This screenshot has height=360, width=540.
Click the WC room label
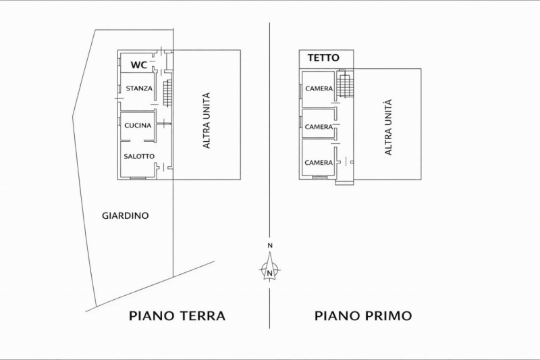click(139, 65)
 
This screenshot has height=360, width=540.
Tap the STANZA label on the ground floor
click(139, 88)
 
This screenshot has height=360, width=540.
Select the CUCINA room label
click(138, 126)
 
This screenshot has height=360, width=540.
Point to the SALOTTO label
click(139, 157)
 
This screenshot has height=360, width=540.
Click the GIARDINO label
click(126, 216)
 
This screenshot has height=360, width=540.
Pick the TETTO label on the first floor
click(323, 57)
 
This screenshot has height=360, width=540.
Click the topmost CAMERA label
click(319, 89)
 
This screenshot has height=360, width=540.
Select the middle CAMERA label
click(319, 127)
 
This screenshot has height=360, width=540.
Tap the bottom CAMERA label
click(319, 163)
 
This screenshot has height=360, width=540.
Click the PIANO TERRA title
click(177, 316)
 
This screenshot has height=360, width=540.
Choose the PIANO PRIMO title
click(363, 316)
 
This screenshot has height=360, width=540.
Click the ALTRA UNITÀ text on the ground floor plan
click(207, 121)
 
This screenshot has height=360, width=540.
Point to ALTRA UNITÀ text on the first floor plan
click(388, 128)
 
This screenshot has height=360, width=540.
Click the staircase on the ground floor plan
click(167, 93)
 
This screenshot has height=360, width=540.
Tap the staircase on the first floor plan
click(344, 84)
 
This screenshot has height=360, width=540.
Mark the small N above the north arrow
click(271, 246)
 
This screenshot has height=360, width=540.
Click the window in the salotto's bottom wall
click(138, 178)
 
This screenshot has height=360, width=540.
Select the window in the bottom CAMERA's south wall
click(319, 178)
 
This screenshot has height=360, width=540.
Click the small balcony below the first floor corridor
click(344, 182)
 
